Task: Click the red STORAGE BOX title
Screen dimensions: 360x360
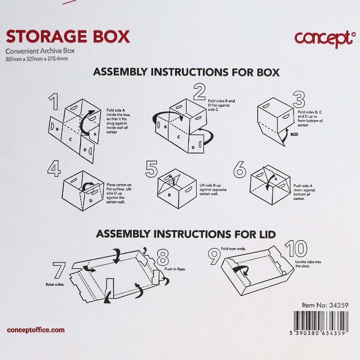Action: coord(67,37)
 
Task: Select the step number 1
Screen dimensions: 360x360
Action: coord(53,103)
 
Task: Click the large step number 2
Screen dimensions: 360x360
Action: coord(199,92)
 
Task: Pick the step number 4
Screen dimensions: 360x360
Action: coord(54,169)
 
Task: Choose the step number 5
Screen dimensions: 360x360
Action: coord(151,168)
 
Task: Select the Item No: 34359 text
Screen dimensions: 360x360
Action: coord(325,305)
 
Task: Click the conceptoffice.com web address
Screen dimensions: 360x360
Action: coord(35,330)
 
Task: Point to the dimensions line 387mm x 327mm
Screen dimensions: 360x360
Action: coord(37,59)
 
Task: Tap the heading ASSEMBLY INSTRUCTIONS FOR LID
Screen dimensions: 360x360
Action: coord(186,234)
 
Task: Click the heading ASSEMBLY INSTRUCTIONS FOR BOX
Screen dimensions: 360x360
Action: coord(186,72)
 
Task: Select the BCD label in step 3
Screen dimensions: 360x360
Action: coord(295,133)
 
